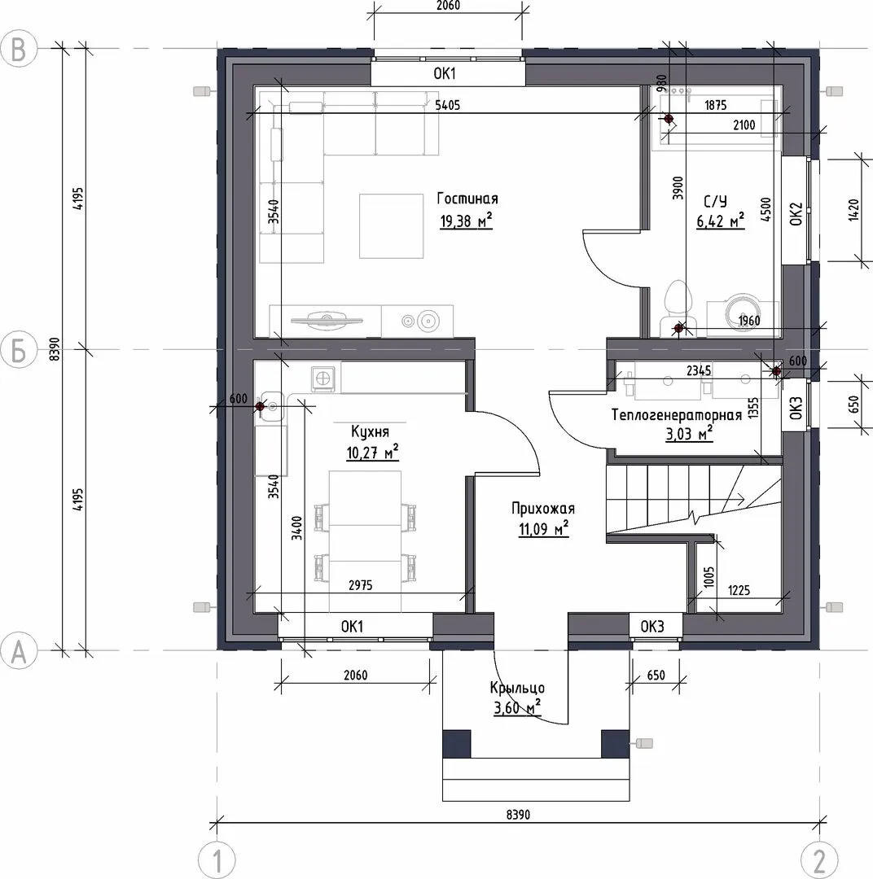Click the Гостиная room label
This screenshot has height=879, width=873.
click(x=467, y=199)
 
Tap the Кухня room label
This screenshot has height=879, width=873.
click(x=370, y=431)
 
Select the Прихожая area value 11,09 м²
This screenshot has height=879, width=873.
click(x=544, y=528)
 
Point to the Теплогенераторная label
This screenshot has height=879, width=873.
click(x=676, y=415)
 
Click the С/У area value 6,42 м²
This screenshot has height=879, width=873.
click(x=721, y=221)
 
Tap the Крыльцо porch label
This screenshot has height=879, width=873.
click(x=517, y=689)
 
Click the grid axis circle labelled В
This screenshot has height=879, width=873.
click(x=19, y=49)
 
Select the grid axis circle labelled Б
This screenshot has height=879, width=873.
click(x=19, y=350)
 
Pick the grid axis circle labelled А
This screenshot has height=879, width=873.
click(x=19, y=651)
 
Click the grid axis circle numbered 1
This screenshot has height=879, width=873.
click(x=217, y=859)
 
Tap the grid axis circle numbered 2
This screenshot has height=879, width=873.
click(x=818, y=859)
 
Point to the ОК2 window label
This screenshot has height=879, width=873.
click(x=796, y=214)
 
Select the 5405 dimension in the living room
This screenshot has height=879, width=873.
click(x=447, y=105)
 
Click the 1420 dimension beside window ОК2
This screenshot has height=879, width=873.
click(x=854, y=210)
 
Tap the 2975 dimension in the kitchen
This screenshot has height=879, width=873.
click(x=360, y=585)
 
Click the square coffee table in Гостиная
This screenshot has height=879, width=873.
click(x=391, y=226)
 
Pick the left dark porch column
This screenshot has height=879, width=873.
click(x=456, y=743)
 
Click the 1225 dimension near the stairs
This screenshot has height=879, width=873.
click(x=739, y=590)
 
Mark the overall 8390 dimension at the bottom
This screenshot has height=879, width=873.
click(x=518, y=815)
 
